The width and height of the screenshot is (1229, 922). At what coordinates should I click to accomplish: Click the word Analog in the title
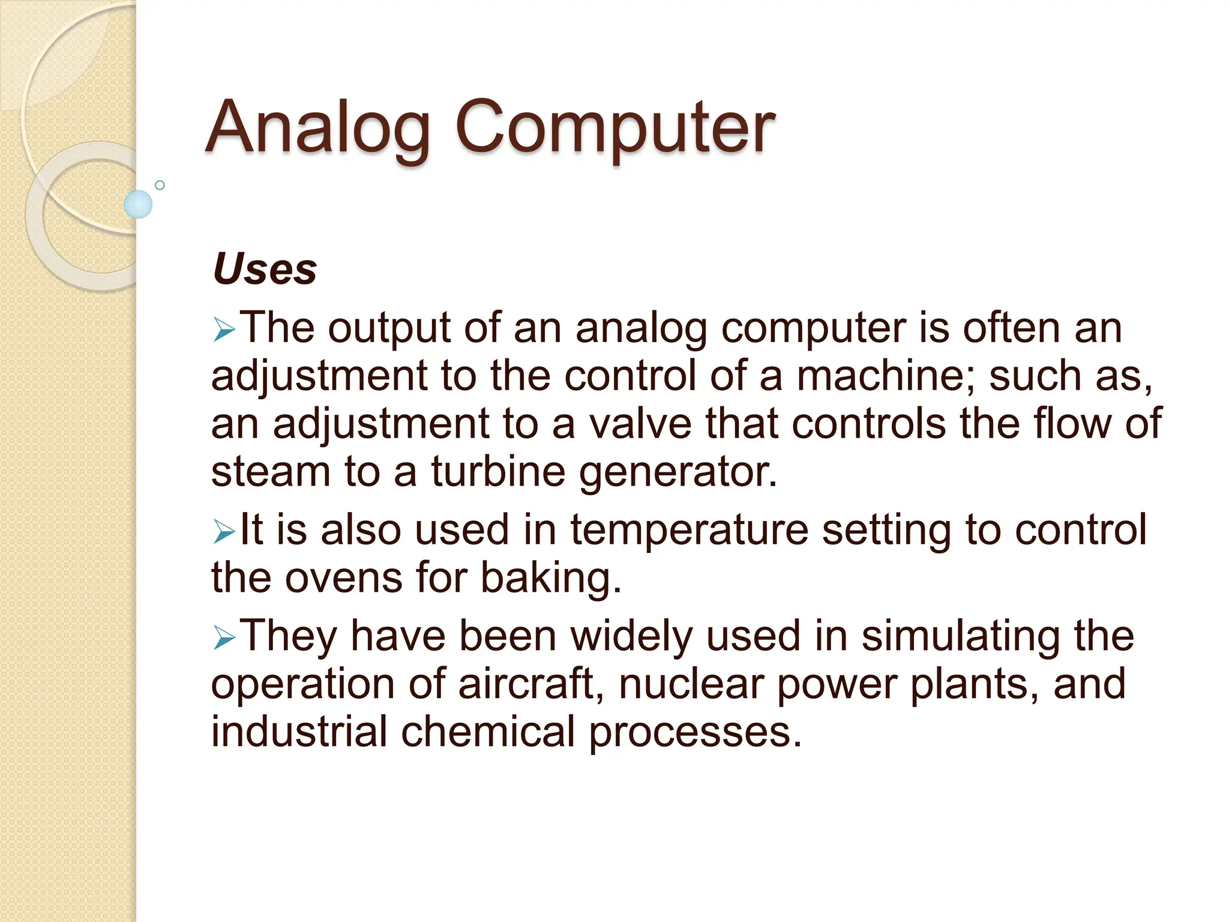318,127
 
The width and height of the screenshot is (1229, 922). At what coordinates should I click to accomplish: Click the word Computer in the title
614,127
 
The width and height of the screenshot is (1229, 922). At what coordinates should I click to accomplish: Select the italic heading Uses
265,269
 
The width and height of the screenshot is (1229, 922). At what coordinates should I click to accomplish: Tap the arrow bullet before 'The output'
224,330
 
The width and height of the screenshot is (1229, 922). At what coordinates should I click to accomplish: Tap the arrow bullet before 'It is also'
224,532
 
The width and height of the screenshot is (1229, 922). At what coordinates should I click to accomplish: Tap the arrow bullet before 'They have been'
224,638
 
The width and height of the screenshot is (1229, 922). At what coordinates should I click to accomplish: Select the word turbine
497,472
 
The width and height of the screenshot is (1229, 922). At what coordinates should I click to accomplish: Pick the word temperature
689,531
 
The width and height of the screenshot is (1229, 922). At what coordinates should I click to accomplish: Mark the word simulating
961,637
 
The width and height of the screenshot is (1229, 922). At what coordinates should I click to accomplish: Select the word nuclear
691,684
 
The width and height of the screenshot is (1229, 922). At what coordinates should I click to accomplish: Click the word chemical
488,732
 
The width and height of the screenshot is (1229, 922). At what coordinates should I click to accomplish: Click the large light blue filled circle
138,204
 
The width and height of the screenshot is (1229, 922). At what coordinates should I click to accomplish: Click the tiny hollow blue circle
160,185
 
